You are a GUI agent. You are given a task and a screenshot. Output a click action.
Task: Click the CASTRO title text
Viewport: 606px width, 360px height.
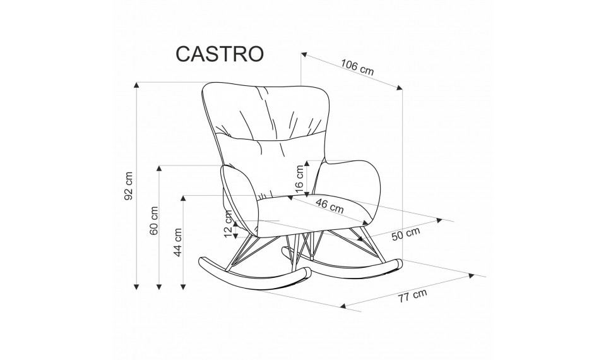220,54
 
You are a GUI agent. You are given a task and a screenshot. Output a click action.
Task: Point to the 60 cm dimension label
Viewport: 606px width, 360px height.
154,220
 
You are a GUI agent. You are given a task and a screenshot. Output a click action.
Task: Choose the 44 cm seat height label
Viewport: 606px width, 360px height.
177,242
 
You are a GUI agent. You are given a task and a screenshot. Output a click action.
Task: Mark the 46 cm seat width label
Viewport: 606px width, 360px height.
330,206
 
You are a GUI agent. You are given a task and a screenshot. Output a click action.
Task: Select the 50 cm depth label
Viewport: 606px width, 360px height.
406,234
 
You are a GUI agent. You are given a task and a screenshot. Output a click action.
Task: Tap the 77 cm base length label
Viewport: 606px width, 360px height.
413,296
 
